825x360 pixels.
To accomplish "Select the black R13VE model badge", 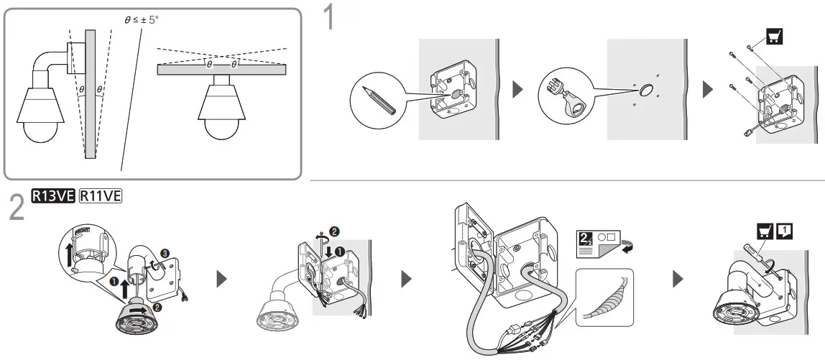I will tap(52, 195).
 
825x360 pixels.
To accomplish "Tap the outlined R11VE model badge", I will tap(101, 195).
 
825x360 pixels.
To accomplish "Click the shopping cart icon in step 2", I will tap(765, 231).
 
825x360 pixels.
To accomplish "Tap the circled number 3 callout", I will tap(165, 253).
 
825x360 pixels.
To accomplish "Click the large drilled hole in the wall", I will tap(645, 90).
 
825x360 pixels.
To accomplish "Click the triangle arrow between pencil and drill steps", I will tap(517, 90).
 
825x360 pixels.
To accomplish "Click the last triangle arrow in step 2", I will tap(677, 279).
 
